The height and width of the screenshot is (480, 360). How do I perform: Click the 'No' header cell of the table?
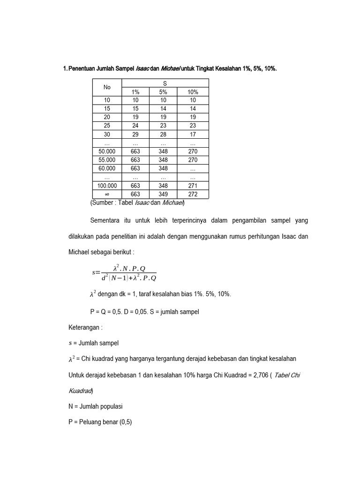pos(107,87)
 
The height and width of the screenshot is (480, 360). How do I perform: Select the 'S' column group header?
pos(165,83)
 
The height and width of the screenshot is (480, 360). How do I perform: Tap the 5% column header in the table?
pos(163,92)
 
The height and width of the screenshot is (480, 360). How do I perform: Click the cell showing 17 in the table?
pos(193,134)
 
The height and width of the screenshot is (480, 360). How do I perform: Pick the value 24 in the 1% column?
pos(135,126)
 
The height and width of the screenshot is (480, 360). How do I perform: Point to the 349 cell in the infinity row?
pos(163,194)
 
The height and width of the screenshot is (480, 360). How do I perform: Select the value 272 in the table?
pos(193,194)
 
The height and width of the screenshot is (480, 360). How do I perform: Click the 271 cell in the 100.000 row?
pos(193,186)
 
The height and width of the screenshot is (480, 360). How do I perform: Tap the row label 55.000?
pos(107,160)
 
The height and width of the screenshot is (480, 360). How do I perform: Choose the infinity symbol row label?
pos(107,194)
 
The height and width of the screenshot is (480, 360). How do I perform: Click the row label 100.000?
pos(107,186)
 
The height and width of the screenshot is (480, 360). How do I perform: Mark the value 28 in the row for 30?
pos(163,134)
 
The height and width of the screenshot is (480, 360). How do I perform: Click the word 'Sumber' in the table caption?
pos(103,203)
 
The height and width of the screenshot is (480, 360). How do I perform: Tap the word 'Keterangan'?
pos(85,327)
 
